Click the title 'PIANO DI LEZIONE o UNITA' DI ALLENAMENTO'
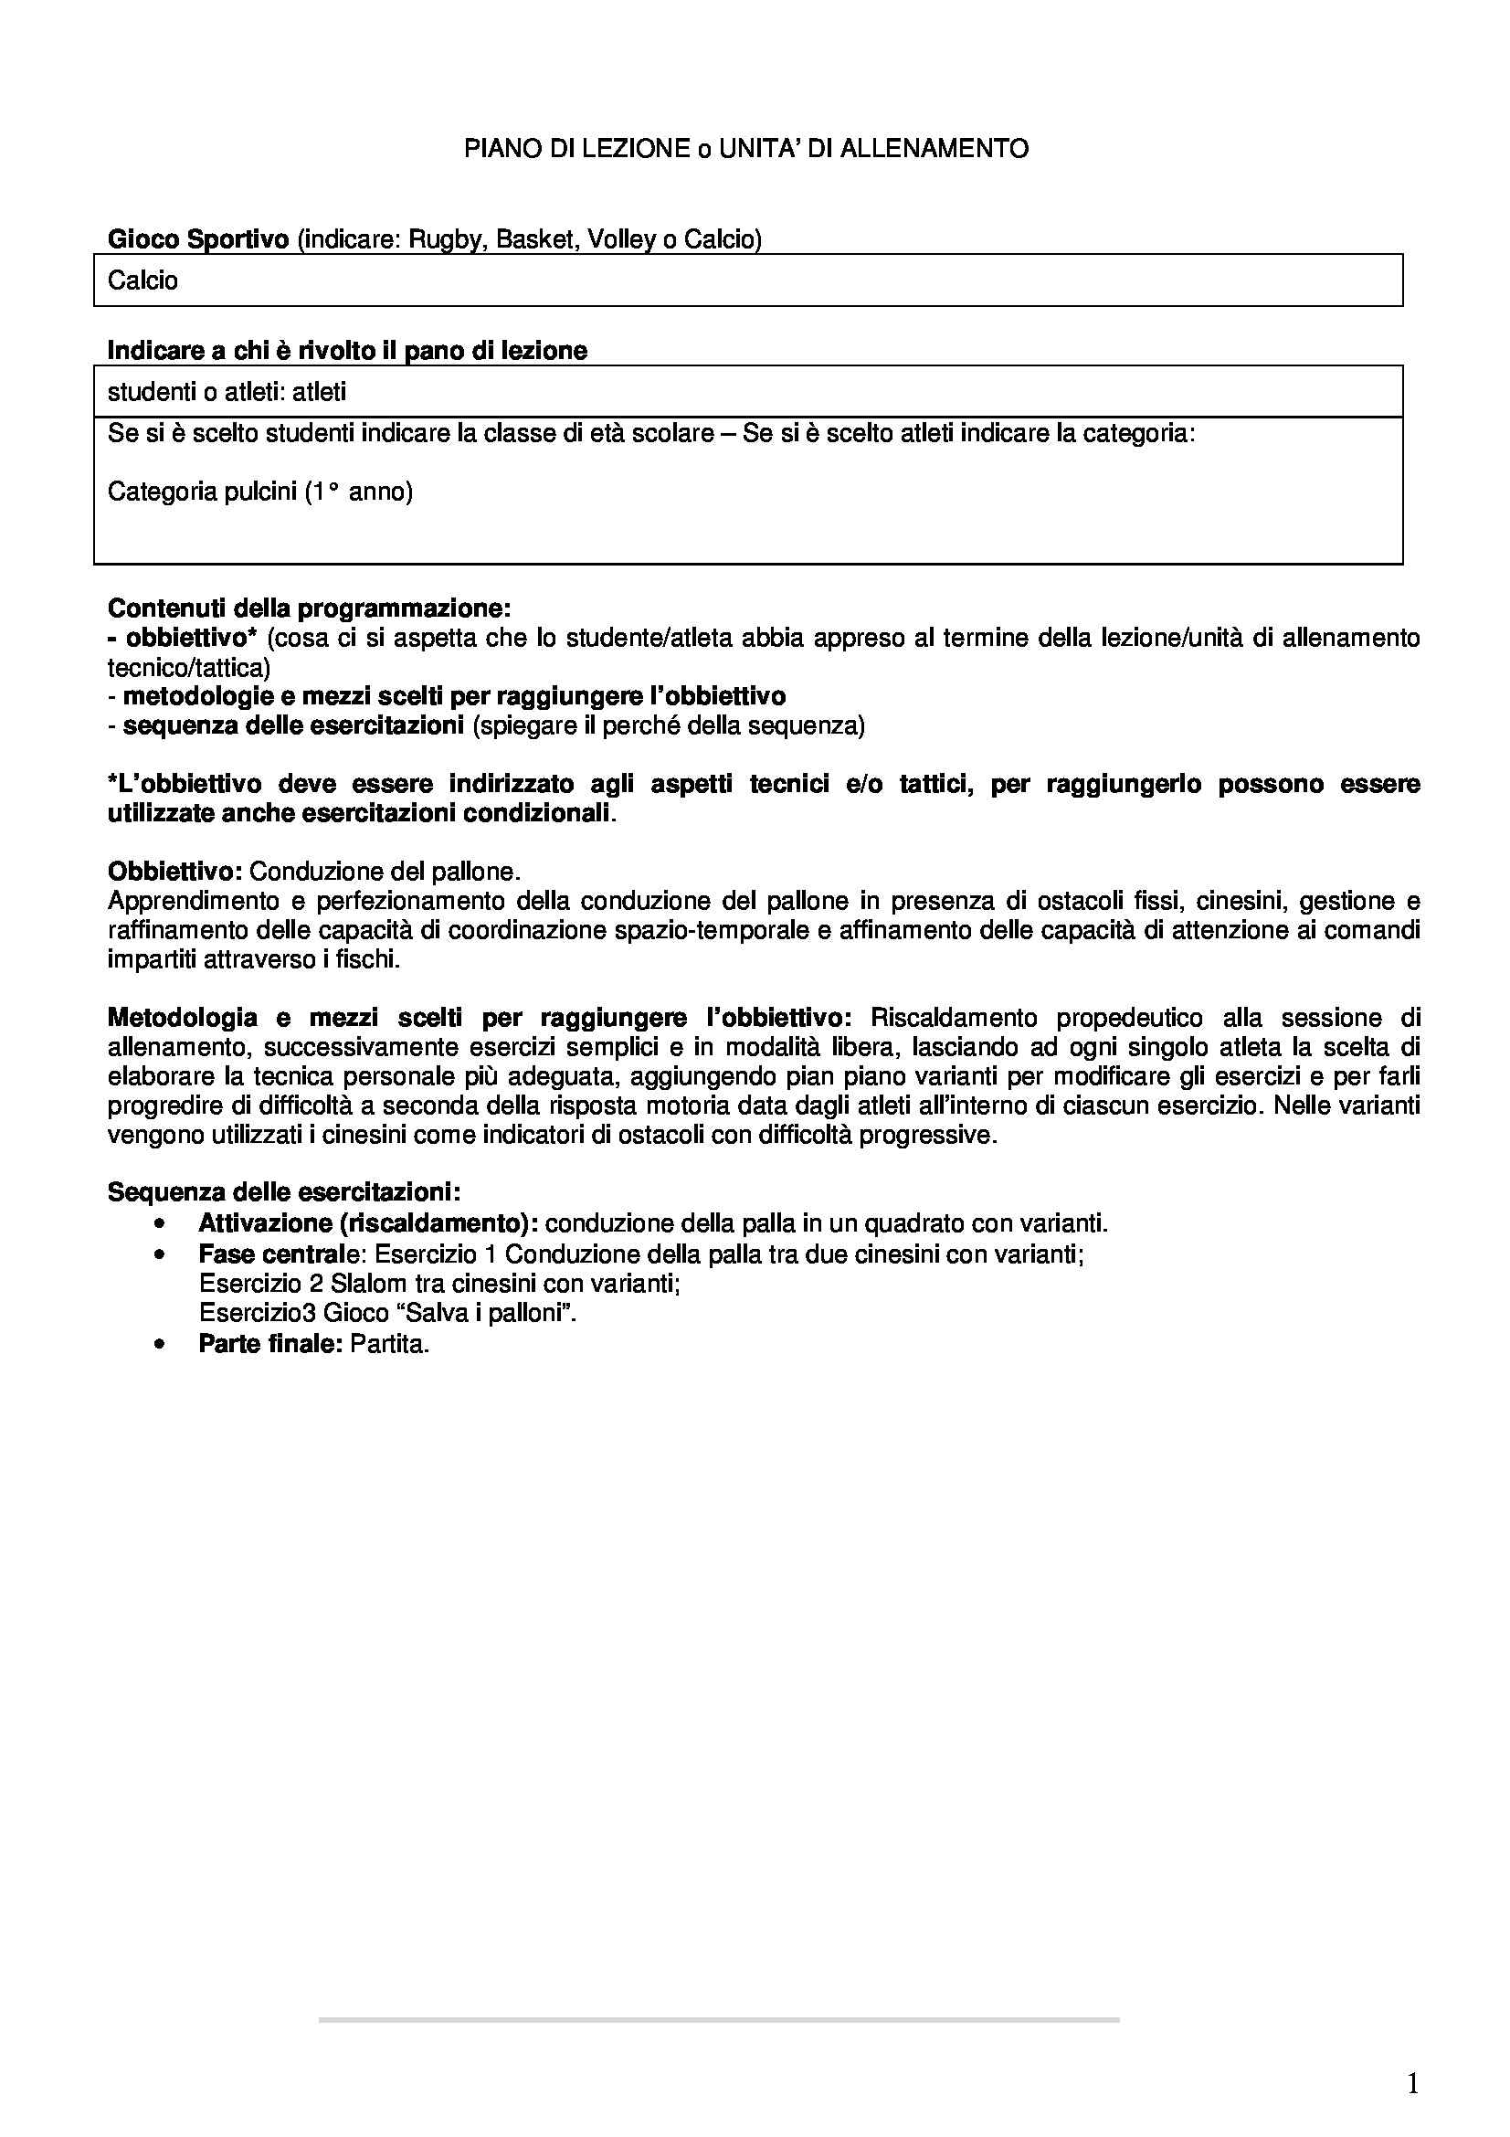click(x=746, y=149)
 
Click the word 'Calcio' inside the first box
click(x=143, y=280)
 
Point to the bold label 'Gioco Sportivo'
click(x=198, y=239)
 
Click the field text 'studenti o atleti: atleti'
click(x=227, y=392)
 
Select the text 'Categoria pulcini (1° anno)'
click(x=259, y=491)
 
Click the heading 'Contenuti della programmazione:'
click(x=309, y=608)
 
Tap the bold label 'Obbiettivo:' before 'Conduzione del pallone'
click(x=174, y=872)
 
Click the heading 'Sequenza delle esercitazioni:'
click(x=283, y=1192)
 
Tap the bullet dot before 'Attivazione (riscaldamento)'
click(x=162, y=1223)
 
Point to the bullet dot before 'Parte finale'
click(x=162, y=1345)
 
